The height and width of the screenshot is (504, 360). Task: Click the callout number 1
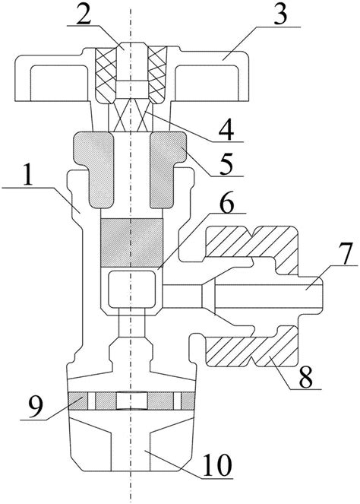(27, 175)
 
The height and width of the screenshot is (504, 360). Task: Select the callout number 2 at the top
(84, 14)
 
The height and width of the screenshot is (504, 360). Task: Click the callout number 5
(226, 163)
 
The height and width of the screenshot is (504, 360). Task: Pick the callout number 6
(226, 201)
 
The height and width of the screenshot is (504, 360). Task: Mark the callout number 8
(305, 377)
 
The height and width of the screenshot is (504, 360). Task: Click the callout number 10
(217, 465)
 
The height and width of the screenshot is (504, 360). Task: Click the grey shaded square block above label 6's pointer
(131, 242)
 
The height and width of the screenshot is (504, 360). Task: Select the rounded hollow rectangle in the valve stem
(131, 289)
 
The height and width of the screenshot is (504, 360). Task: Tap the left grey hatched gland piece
(93, 169)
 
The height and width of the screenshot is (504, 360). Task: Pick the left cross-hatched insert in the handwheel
(106, 76)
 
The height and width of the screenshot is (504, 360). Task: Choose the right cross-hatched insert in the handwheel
(157, 76)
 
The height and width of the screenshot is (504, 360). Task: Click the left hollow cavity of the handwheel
(58, 83)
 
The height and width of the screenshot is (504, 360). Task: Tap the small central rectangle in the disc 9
(132, 401)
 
